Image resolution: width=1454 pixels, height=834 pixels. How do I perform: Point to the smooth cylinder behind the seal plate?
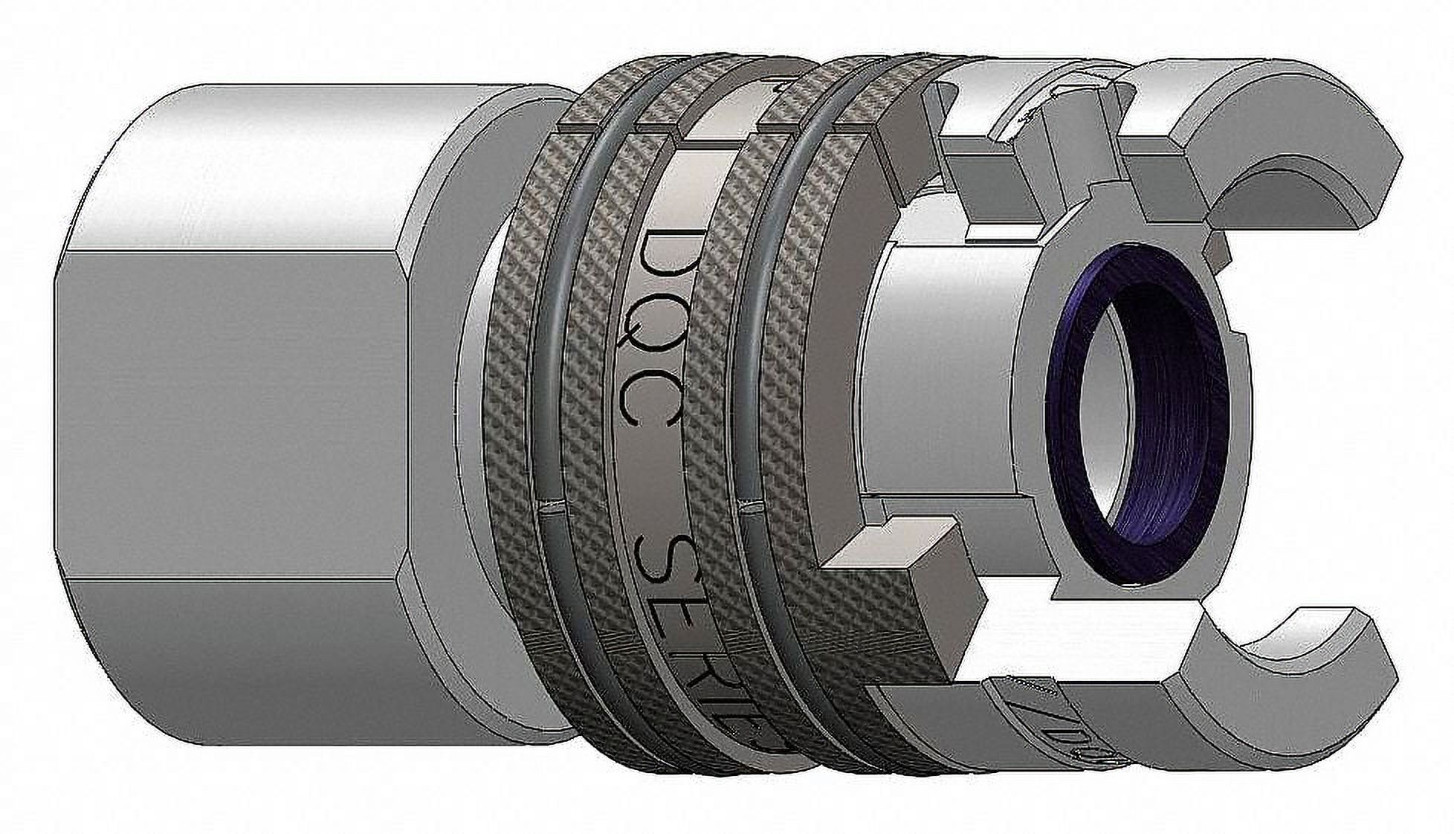pos(944,372)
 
